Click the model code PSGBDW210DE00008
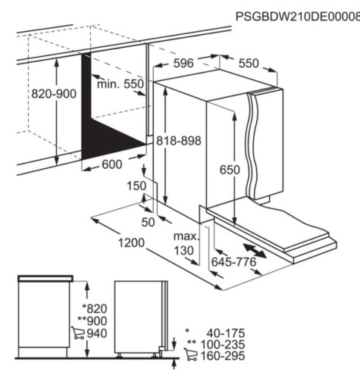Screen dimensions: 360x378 click(298, 17)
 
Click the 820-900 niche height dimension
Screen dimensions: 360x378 click(54, 94)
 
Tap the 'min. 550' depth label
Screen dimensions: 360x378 click(121, 84)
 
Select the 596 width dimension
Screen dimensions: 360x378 click(183, 63)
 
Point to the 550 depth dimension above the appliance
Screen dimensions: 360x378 click(249, 63)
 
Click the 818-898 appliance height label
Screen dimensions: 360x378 click(179, 140)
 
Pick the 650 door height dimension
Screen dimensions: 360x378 click(230, 170)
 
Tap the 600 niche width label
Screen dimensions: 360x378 click(112, 164)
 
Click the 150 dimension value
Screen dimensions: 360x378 click(136, 186)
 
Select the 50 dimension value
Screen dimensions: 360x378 click(148, 222)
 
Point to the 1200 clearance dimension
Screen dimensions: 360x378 click(131, 242)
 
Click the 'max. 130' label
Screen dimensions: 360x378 click(186, 243)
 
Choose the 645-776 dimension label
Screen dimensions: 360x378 click(233, 262)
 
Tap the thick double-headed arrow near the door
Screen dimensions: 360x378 click(255, 250)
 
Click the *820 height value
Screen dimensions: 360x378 click(95, 308)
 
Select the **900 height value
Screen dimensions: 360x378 click(92, 321)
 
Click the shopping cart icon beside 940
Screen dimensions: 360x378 click(78, 333)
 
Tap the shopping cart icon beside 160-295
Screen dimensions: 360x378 click(190, 355)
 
